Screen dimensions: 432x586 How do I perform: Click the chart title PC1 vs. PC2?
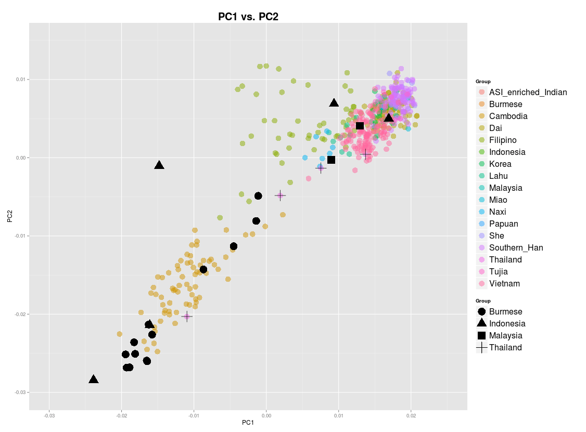248,17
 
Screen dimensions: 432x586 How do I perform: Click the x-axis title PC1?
248,423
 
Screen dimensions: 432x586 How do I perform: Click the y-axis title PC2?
10,216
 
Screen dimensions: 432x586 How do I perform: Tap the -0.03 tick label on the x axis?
49,415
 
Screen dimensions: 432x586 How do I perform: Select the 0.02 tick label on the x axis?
411,415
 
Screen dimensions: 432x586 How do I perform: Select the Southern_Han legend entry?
516,248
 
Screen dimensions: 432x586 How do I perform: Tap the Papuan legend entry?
503,224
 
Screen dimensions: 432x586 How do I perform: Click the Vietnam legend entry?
504,284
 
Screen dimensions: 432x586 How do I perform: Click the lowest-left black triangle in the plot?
94,379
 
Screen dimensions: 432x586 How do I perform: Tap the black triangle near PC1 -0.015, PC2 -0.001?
159,165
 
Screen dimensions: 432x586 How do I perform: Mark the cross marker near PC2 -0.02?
187,316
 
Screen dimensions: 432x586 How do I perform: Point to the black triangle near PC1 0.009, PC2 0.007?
334,103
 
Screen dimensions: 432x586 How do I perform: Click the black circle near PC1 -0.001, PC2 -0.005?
258,196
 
